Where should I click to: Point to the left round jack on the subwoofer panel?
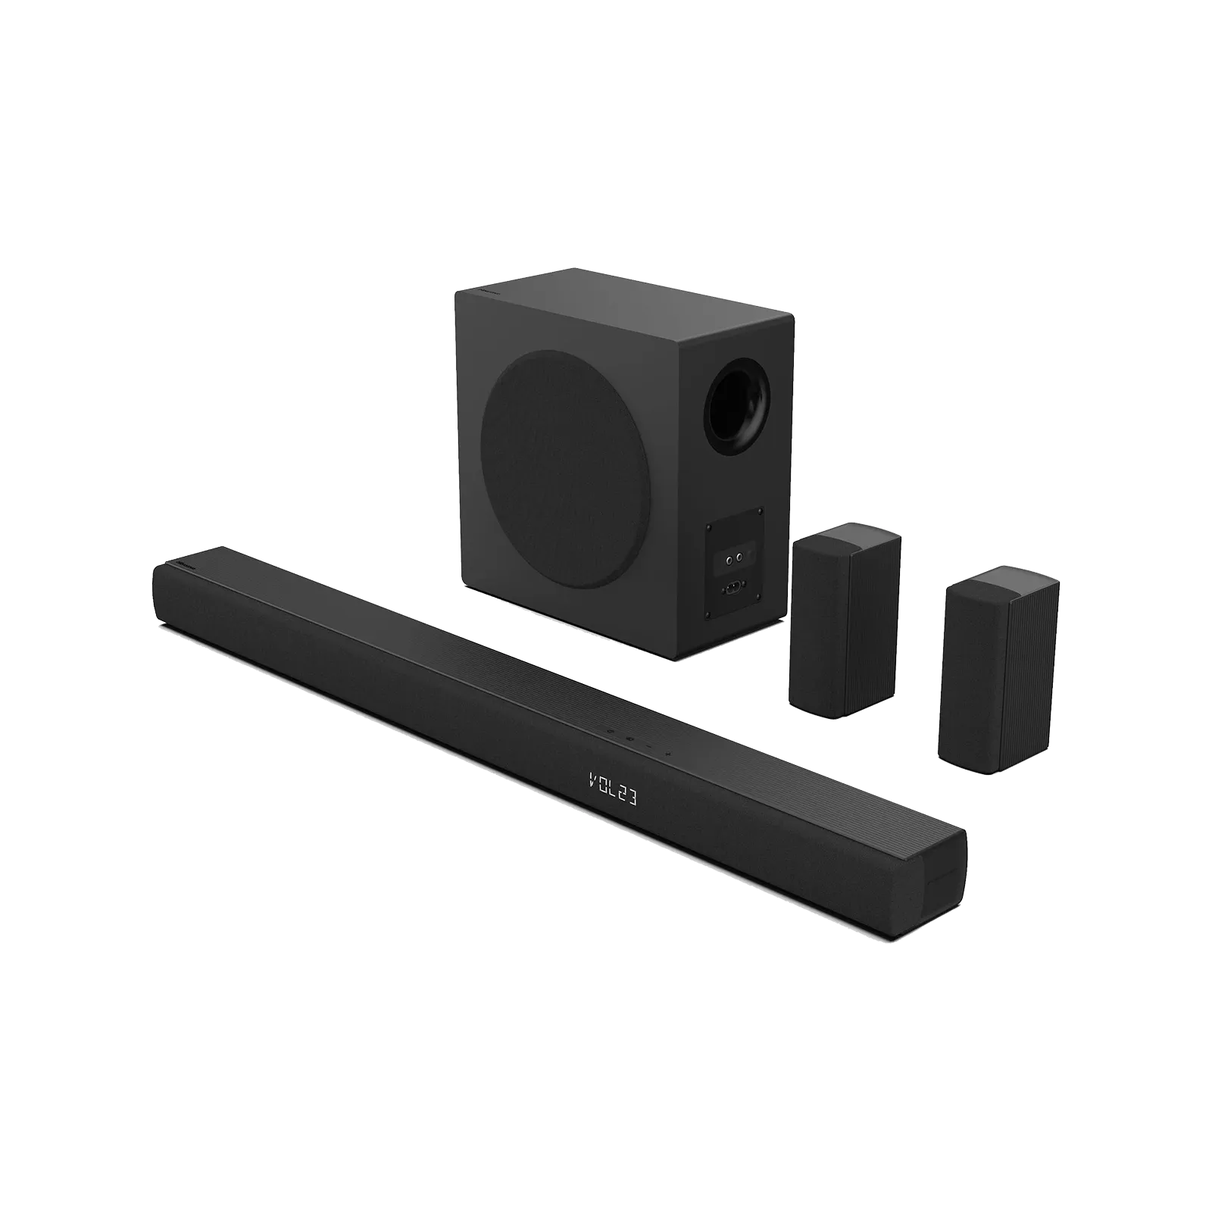pos(729,561)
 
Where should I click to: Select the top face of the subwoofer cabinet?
pos(621,292)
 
